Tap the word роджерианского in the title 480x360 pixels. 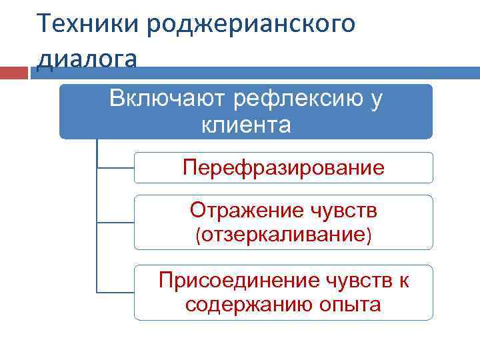pos(251,25)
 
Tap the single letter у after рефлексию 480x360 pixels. pos(377,99)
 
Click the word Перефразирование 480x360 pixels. pos(283,167)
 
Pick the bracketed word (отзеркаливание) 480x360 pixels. pos(283,235)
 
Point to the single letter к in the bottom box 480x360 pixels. pos(403,281)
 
